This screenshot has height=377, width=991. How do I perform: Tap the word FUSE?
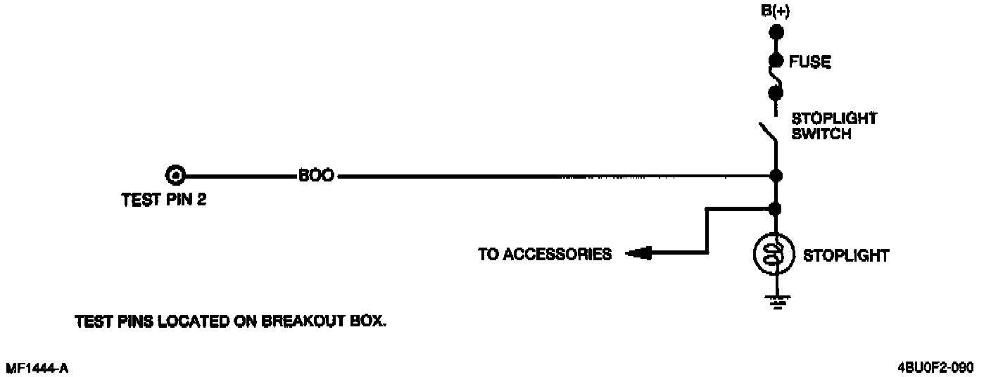click(810, 63)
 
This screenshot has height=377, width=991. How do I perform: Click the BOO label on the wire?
click(316, 175)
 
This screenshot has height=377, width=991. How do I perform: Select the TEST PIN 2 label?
click(163, 200)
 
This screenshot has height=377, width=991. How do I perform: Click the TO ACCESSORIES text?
click(545, 254)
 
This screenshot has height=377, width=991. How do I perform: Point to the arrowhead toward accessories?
click(636, 253)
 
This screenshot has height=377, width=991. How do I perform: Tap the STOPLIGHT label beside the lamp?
click(846, 255)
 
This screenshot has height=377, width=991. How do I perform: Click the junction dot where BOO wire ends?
click(776, 175)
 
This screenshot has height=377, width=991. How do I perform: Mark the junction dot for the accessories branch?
click(776, 208)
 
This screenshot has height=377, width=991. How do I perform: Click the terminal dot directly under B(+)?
click(776, 32)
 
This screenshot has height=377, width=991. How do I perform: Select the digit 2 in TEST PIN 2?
click(201, 200)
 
